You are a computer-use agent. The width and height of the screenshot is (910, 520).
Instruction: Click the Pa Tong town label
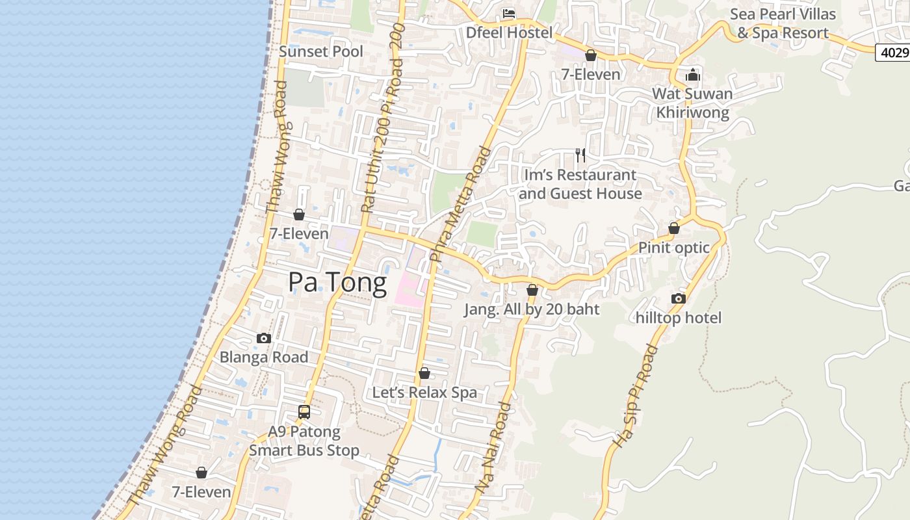[x=337, y=282]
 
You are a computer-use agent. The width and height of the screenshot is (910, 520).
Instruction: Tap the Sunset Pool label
[x=321, y=51]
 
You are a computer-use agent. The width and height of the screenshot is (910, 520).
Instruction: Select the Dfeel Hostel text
[x=509, y=32]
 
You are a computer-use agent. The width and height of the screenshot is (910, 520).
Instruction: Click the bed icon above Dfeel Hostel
[x=509, y=14]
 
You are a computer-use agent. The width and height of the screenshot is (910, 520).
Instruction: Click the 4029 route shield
[x=892, y=53]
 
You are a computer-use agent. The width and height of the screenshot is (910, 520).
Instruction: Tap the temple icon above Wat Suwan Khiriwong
[x=693, y=75]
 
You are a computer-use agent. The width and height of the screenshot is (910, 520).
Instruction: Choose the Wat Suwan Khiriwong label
[x=692, y=103]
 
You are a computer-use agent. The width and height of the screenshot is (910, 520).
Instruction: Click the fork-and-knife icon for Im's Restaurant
[x=580, y=155]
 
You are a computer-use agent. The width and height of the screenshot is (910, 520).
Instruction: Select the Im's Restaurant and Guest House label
[x=580, y=184]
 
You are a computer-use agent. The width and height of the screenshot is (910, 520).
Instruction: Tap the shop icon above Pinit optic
[x=674, y=229]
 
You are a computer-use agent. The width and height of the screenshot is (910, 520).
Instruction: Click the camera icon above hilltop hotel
[x=678, y=298]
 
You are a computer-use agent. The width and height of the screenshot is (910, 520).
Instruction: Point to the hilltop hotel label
[x=679, y=318]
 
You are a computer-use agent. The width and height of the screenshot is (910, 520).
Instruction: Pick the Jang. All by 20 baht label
[x=532, y=309]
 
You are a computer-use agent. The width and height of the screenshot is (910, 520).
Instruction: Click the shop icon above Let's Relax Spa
[x=424, y=373]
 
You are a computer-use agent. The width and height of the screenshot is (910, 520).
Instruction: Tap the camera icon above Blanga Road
[x=264, y=338]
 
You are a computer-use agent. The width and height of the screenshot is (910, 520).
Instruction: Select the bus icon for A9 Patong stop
[x=304, y=411]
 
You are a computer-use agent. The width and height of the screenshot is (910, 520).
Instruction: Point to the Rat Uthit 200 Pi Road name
[x=383, y=117]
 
